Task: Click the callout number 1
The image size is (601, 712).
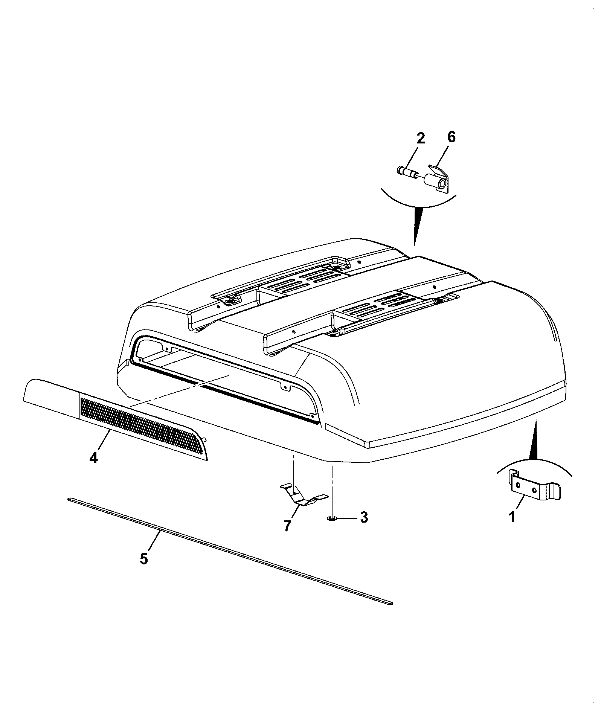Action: tap(512, 517)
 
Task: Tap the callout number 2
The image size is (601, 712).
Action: tap(421, 139)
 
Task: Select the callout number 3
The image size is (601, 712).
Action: tap(364, 517)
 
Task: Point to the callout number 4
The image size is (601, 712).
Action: tap(93, 458)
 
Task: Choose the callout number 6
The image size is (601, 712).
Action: tap(451, 137)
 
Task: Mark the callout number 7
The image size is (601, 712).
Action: tap(287, 526)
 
